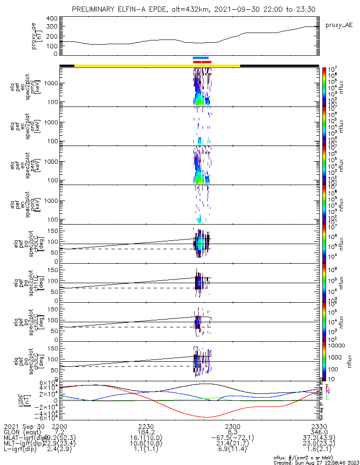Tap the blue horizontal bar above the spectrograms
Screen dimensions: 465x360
pos(201,58)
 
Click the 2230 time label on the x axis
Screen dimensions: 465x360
pos(146,426)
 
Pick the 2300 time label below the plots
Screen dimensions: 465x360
pos(233,426)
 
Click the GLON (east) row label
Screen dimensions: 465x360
pos(23,432)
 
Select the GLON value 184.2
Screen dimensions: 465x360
pos(146,432)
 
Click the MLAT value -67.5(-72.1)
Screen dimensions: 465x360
pos(233,439)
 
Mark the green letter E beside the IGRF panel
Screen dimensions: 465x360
pos(328,398)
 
